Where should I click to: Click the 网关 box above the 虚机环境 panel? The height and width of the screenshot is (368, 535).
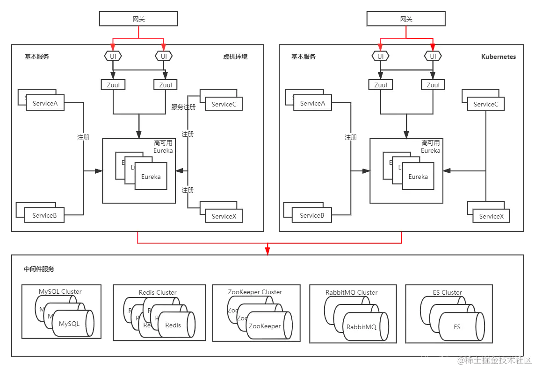138,19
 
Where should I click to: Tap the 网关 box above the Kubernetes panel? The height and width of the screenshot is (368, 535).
406,19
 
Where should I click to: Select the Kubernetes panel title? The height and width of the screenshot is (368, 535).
498,57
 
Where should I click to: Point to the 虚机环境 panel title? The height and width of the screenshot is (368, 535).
235,57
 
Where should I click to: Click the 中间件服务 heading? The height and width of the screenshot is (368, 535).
39,269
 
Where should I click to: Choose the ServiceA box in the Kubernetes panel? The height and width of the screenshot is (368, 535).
312,103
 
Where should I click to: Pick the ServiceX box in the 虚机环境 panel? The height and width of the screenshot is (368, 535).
224,216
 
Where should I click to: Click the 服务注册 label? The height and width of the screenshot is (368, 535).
183,107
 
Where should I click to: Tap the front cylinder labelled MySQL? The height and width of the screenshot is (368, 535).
70,324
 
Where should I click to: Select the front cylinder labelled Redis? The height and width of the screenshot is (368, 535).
174,325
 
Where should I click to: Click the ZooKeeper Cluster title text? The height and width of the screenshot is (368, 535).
255,292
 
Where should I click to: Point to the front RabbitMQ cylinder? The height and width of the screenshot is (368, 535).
361,327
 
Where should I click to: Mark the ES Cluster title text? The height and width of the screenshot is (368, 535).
447,292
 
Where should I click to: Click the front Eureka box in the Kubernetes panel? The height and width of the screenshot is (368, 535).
418,177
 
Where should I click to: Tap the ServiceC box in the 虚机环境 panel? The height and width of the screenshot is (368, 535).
224,104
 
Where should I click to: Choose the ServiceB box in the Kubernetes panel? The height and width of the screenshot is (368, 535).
312,215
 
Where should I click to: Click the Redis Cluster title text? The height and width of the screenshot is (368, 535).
158,292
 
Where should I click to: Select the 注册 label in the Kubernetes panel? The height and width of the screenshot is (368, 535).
351,137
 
